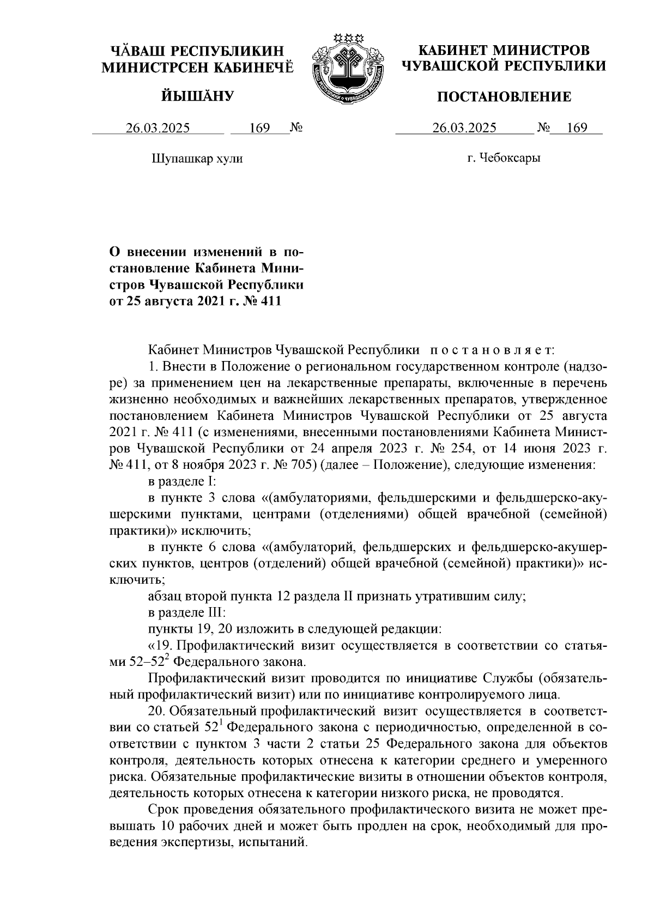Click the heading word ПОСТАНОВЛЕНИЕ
click(505, 97)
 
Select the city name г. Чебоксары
click(504, 158)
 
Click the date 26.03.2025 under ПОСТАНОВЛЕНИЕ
click(464, 128)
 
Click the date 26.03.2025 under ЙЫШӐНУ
click(158, 128)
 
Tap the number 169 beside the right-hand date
click(577, 128)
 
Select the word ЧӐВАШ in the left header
click(138, 51)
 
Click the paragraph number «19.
click(160, 646)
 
